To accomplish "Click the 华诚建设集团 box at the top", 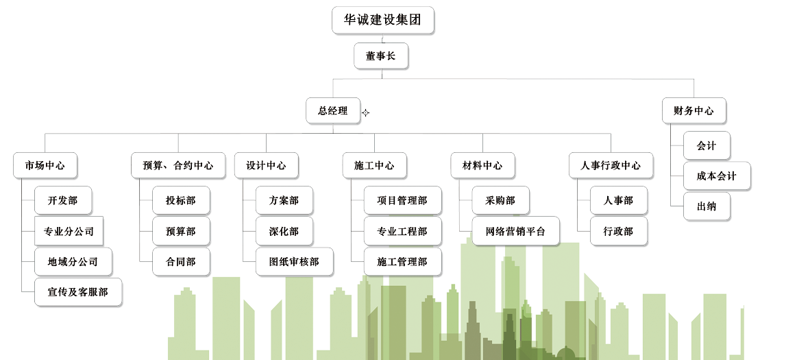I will coord(382,20).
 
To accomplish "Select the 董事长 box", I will coord(380,56).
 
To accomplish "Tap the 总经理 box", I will coord(332,110).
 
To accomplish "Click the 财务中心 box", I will coord(694,110).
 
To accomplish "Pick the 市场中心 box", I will coord(45,165).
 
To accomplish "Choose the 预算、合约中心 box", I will coord(177,165).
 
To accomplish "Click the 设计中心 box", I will coord(266,165).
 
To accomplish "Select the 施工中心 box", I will coord(374,165).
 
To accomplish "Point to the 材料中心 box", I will coord(482,165).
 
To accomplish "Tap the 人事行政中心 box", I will coord(610,165).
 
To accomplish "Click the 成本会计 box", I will coord(716,176).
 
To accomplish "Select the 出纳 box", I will coord(707,206).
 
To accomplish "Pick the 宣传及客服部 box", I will coord(78,292).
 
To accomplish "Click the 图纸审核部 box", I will coord(294,262).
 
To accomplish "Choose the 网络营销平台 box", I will coord(515,231).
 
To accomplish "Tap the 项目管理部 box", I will coord(402,200).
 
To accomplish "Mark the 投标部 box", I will coord(180,200).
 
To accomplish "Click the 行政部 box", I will coord(618,231).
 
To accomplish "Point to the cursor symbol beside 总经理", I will coord(365,112).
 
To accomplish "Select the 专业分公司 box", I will coord(69,231).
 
